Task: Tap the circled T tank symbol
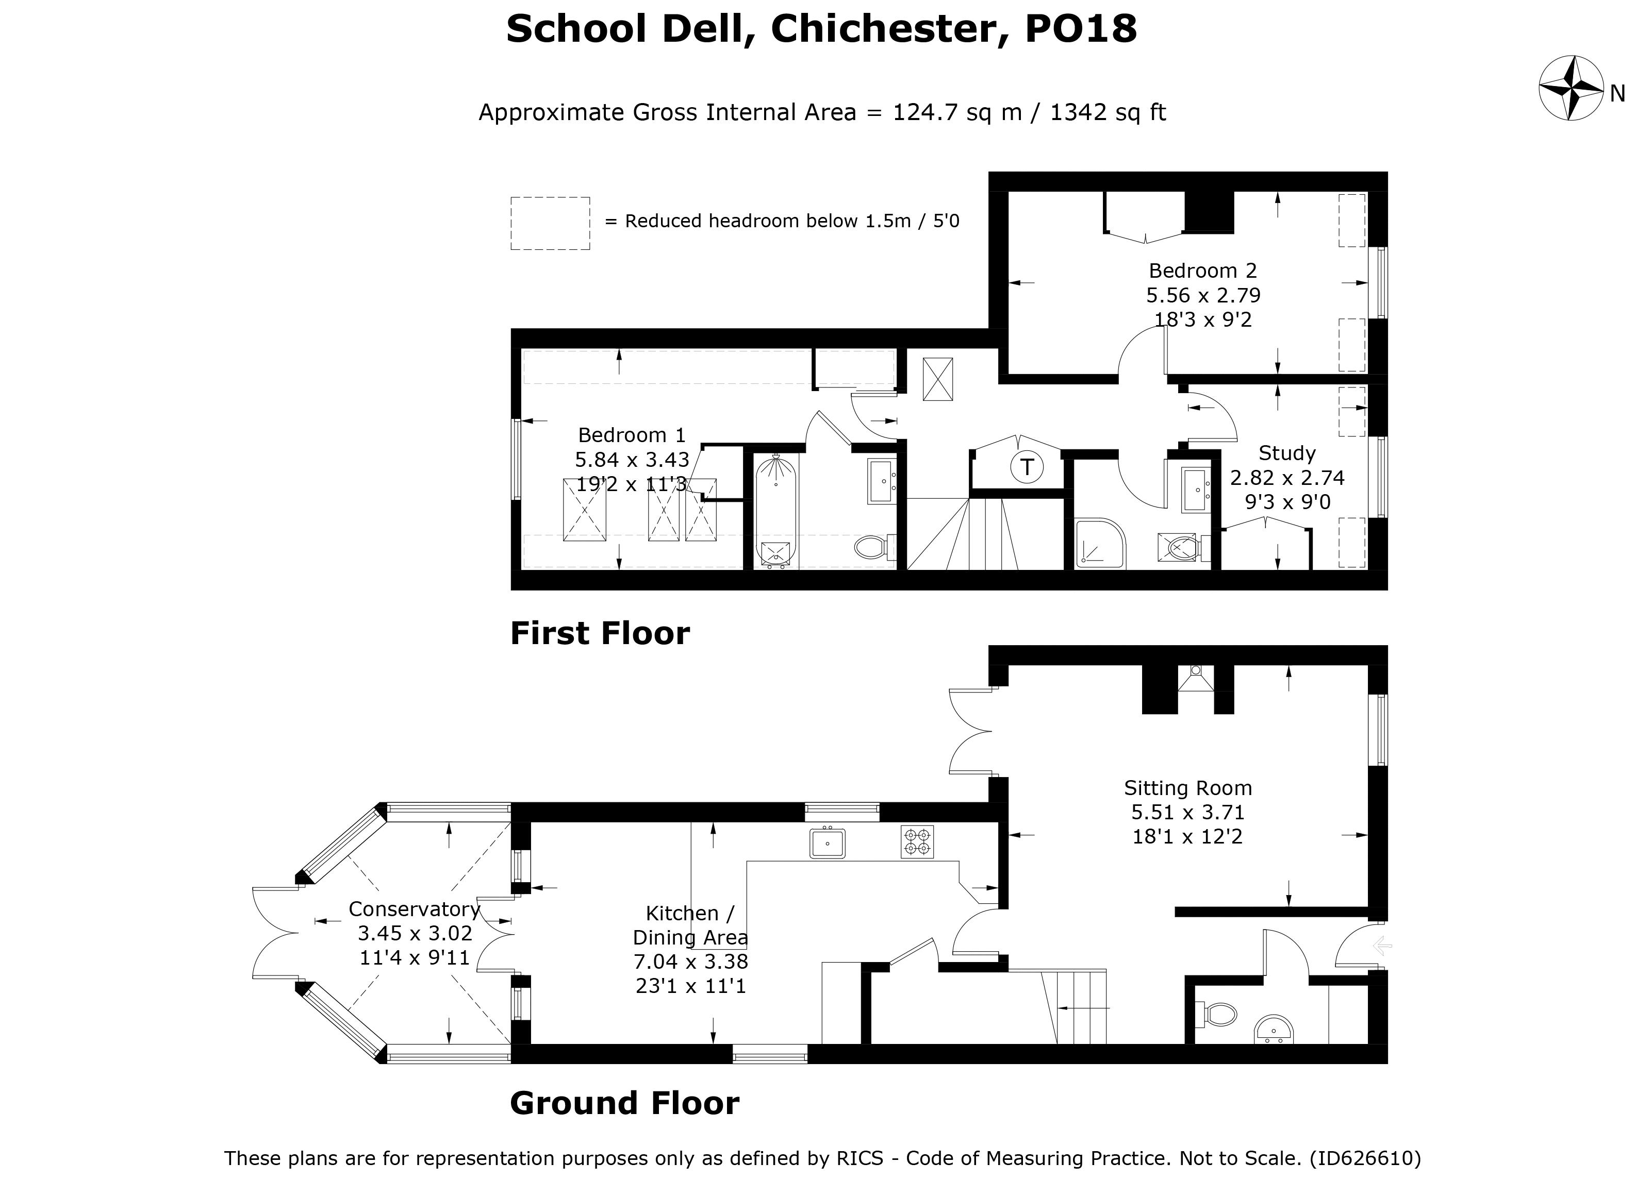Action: pos(1026,467)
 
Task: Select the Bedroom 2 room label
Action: pos(1202,271)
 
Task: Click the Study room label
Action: pos(1287,453)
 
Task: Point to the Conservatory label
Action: pos(414,909)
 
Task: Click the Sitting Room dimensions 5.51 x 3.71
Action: pos(1187,813)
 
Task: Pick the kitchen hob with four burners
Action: pos(917,841)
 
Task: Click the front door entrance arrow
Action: pos(1382,947)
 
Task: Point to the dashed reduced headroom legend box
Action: pos(550,224)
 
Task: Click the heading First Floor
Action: pos(600,633)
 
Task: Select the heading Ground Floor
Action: pos(624,1104)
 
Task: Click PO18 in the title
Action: pos(1080,29)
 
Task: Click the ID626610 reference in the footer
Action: pos(1365,1158)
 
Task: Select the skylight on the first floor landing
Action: pos(937,379)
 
